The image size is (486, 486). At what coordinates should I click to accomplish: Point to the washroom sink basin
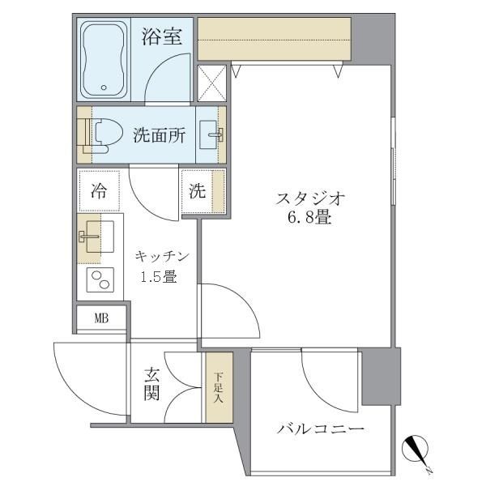point(212,134)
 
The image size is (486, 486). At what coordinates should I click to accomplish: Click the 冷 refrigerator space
point(99,192)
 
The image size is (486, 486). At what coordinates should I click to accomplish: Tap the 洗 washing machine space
point(198,192)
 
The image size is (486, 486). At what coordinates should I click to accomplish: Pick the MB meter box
point(101,318)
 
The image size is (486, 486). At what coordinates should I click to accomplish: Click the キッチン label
point(161,257)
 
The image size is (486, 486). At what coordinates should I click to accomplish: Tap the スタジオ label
point(311,197)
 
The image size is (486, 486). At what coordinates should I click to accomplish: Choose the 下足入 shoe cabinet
point(218,386)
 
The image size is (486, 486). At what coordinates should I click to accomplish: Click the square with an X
point(212,81)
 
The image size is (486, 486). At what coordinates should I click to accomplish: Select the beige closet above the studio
point(274,39)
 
